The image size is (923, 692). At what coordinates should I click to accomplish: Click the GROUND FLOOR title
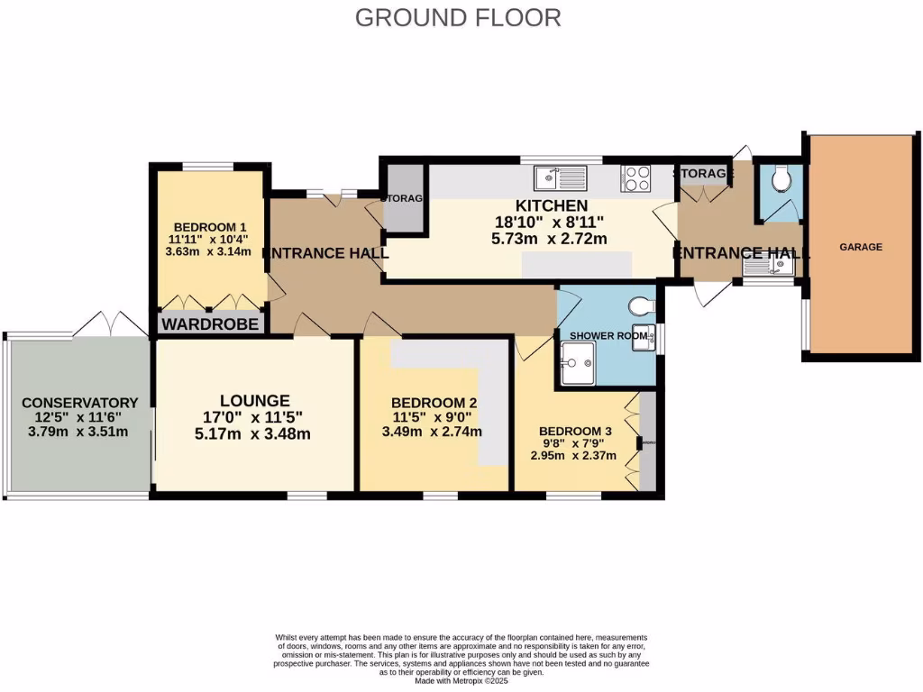click(x=458, y=17)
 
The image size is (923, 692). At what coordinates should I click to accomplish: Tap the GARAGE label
click(x=861, y=246)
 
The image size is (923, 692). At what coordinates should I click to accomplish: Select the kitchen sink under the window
click(x=560, y=178)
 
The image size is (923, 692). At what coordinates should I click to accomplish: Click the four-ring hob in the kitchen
click(x=635, y=178)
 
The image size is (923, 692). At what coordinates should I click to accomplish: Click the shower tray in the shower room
click(x=577, y=363)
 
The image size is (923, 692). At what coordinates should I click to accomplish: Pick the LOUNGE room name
click(x=255, y=400)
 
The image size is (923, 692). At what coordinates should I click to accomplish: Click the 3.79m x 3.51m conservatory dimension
click(x=78, y=432)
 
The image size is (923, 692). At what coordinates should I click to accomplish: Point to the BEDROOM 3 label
click(x=575, y=432)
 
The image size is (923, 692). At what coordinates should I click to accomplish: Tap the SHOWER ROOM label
click(x=608, y=335)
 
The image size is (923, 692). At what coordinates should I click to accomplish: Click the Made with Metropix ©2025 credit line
click(x=461, y=680)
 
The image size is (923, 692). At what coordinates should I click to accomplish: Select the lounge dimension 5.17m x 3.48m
click(x=255, y=434)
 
